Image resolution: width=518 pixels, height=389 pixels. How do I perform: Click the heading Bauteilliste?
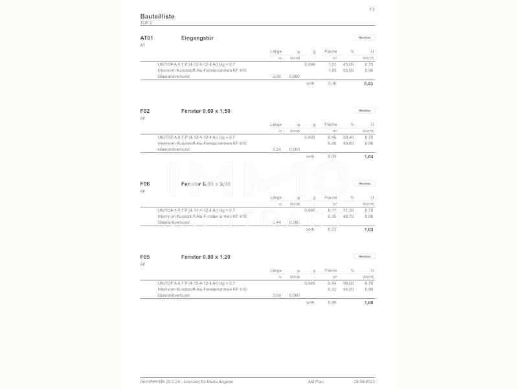tap(157, 16)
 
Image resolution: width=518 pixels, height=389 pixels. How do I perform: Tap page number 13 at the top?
tap(372, 9)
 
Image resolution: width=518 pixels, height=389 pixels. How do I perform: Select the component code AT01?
tap(146, 38)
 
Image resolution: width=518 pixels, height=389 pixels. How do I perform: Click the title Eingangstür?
tap(197, 38)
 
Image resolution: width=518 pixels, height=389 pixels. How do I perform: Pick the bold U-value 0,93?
tap(368, 84)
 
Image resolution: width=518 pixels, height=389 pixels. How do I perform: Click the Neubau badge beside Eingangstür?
tap(365, 38)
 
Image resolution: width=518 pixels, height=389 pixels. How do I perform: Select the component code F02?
tap(145, 111)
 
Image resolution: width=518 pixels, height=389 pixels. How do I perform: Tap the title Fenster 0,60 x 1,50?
tap(206, 111)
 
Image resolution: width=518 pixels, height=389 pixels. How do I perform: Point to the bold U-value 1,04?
tap(368, 157)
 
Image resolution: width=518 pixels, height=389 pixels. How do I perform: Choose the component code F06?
tap(145, 184)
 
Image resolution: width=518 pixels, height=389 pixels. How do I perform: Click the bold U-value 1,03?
tap(368, 230)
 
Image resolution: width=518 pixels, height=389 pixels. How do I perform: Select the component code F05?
tap(145, 257)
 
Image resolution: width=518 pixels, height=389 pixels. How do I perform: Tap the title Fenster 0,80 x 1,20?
tap(206, 257)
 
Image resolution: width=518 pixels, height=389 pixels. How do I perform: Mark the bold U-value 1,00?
tap(368, 303)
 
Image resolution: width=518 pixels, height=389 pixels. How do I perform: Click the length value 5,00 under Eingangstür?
tap(276, 77)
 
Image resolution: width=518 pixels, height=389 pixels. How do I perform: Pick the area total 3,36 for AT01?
tap(332, 84)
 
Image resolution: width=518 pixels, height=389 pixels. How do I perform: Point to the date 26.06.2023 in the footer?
tap(364, 382)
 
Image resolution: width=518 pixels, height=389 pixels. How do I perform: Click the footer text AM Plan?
tap(316, 382)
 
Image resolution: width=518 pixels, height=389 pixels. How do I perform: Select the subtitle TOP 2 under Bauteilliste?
tap(146, 23)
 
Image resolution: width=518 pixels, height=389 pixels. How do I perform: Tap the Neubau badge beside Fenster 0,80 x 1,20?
tap(365, 257)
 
